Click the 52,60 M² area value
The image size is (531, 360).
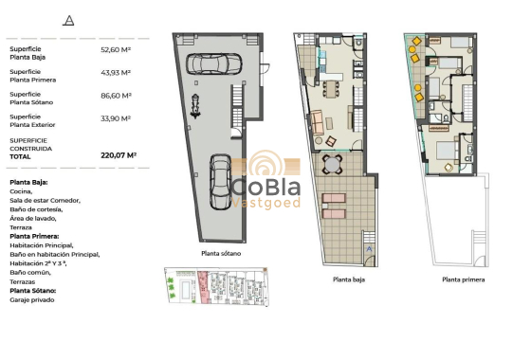(115, 49)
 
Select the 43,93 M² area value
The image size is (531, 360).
(115, 73)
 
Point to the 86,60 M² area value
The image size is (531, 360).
(115, 96)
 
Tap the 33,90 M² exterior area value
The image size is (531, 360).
(115, 118)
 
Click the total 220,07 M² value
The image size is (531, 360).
(119, 153)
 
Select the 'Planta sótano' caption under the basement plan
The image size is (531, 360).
(223, 254)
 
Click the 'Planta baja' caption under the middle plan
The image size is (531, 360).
(350, 280)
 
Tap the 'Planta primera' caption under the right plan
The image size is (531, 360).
(464, 280)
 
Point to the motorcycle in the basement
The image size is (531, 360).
(195, 105)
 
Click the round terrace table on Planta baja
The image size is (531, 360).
(333, 165)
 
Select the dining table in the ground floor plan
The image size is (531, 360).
(333, 89)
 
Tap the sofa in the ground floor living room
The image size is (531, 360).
(317, 121)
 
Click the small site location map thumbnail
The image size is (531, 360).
(212, 288)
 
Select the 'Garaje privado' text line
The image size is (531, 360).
(32, 299)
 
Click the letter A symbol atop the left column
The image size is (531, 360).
(67, 20)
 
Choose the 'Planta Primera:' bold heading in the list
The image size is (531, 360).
(34, 236)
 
